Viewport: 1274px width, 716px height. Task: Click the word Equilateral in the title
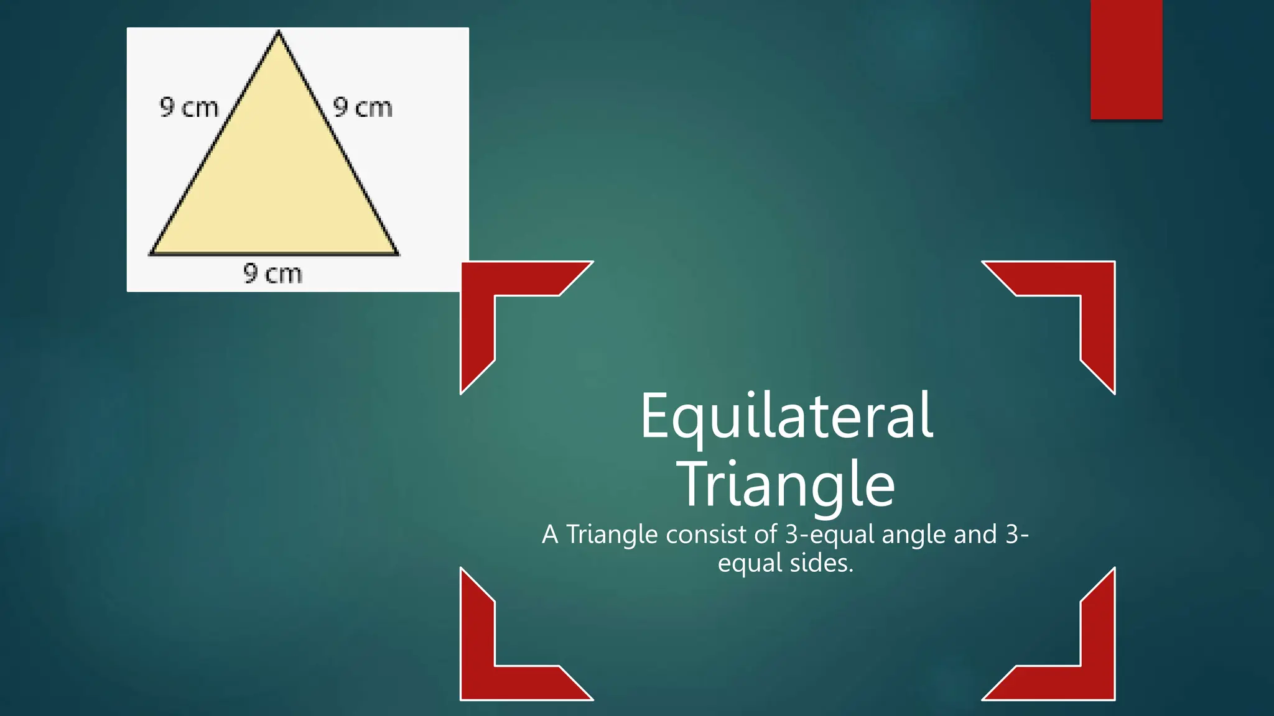pos(786,416)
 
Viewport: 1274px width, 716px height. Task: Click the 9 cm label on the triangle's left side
pos(189,108)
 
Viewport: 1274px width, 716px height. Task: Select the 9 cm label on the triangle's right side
pos(363,108)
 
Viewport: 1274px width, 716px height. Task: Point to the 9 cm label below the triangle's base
pos(272,273)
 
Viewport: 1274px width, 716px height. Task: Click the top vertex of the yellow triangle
pos(279,33)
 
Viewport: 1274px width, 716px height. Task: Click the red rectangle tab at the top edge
pos(1126,59)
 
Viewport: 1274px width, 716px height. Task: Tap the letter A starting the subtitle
pos(550,535)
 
